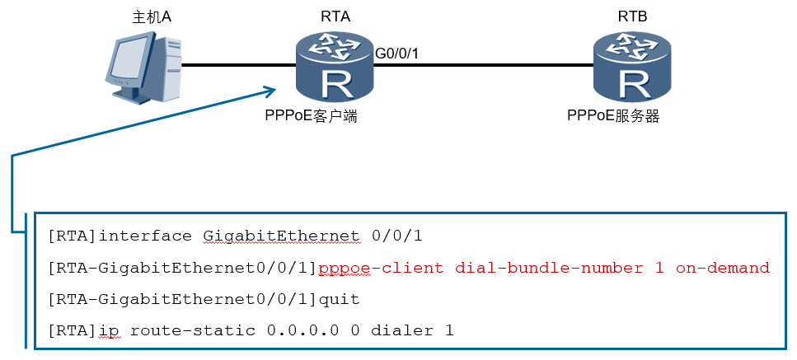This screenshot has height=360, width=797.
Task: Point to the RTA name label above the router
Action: click(x=335, y=16)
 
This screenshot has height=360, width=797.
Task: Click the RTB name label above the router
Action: click(x=633, y=16)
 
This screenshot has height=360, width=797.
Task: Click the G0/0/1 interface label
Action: click(x=396, y=53)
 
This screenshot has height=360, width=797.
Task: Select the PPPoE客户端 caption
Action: click(x=311, y=116)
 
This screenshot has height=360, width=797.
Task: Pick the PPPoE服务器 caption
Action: click(x=613, y=116)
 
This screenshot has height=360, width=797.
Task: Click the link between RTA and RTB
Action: click(x=483, y=65)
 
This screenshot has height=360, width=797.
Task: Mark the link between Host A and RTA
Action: click(x=239, y=65)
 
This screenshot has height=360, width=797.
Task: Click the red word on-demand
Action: click(x=722, y=267)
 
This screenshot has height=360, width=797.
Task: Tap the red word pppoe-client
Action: click(x=381, y=268)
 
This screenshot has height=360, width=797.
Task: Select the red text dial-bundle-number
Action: click(x=548, y=267)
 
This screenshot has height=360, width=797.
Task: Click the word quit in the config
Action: click(x=339, y=299)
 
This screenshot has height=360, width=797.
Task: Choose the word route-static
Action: click(x=193, y=330)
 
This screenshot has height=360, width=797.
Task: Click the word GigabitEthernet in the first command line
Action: click(x=282, y=236)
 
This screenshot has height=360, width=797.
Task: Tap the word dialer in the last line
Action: click(x=401, y=330)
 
